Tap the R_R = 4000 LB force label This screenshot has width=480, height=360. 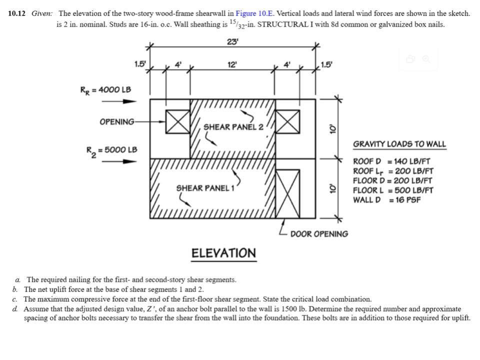[105, 89]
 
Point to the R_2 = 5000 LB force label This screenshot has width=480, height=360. [111, 149]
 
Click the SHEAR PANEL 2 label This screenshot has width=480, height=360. [233, 126]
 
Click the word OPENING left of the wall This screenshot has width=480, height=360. [117, 121]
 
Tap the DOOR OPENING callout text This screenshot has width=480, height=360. [319, 233]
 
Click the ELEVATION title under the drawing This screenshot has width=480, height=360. [223, 253]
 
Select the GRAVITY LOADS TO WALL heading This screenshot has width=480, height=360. [399, 144]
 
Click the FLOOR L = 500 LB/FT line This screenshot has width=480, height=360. [393, 190]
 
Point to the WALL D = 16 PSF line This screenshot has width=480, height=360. [386, 200]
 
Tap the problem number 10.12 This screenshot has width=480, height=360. [17, 13]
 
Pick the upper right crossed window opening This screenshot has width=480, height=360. [288, 121]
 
